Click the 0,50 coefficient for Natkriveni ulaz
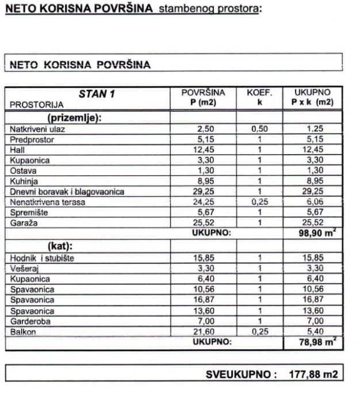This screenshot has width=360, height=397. (259, 129)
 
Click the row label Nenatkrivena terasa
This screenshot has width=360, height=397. (46, 201)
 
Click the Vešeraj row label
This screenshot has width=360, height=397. (23, 268)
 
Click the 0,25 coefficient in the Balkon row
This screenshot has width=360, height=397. (259, 331)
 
